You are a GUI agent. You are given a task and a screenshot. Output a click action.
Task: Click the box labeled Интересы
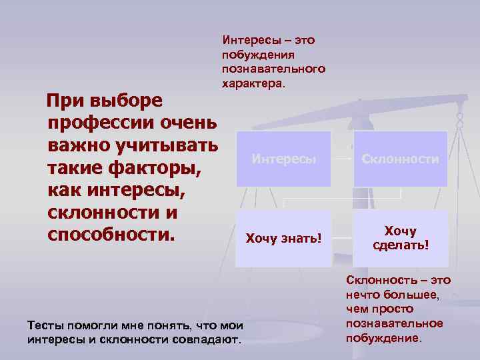[x=283, y=159]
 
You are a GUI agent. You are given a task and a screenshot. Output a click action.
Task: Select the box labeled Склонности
[x=400, y=159]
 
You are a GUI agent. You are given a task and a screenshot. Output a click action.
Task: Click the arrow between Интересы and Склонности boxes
[x=341, y=159]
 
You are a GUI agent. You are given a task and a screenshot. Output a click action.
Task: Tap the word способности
[x=110, y=236]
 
